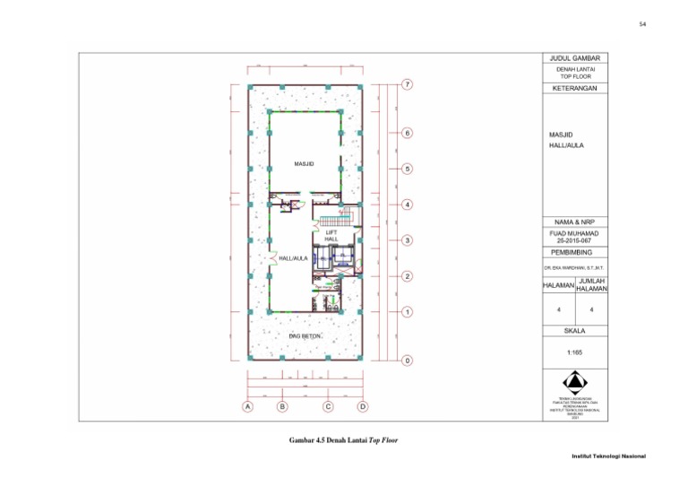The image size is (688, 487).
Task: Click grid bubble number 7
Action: (407, 85)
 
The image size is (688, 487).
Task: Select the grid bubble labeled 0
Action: (407, 361)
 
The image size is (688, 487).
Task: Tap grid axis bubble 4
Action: (407, 204)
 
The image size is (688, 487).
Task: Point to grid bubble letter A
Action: (248, 406)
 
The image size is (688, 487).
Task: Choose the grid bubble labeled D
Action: (363, 406)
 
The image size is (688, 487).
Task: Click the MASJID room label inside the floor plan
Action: (304, 164)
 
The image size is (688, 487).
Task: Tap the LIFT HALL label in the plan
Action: (331, 235)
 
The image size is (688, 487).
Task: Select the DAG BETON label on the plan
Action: (305, 335)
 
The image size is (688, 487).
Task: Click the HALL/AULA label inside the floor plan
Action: (294, 258)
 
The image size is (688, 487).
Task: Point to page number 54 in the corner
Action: (642, 24)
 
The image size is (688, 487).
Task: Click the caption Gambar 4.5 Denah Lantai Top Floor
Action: (343, 440)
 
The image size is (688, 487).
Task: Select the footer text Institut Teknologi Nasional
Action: (609, 457)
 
